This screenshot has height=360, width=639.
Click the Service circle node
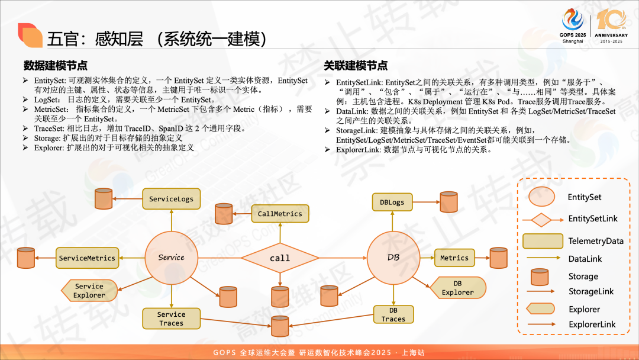(171, 258)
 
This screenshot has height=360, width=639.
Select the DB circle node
(393, 258)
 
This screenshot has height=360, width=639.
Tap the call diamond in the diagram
(280, 258)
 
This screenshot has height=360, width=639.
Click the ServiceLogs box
(171, 199)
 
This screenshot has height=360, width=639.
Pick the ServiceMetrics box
(87, 258)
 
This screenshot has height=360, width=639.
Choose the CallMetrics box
(280, 214)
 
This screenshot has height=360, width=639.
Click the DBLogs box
(392, 202)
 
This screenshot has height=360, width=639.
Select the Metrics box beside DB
(454, 258)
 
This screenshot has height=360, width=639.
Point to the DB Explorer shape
(457, 288)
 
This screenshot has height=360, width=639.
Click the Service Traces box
(171, 319)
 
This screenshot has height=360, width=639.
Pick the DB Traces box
(393, 314)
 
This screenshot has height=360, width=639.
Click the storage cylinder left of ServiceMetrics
(26, 258)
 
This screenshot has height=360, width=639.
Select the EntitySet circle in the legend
(542, 197)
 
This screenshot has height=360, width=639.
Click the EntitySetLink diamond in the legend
(542, 219)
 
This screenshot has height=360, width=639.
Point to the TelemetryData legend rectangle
(542, 241)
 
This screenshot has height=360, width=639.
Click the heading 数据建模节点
(56, 65)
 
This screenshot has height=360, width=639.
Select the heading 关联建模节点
(356, 65)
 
